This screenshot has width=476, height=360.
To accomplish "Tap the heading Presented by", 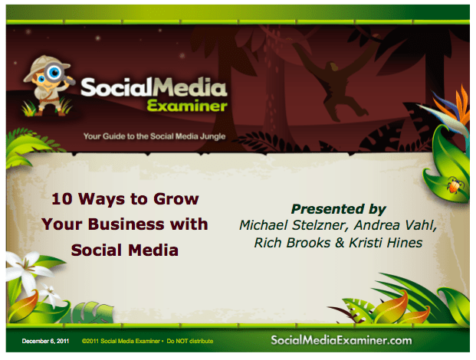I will tap(338, 208).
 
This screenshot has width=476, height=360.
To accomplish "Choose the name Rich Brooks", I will tap(291, 242).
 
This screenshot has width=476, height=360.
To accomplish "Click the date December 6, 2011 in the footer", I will tap(47, 340).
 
